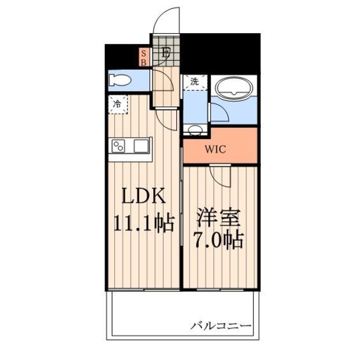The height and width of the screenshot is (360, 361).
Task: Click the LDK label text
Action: click(x=144, y=197)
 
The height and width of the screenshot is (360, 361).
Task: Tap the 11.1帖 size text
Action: click(x=144, y=223)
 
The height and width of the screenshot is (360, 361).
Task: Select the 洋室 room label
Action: click(x=219, y=217)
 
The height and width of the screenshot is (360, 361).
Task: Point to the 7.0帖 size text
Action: click(x=219, y=240)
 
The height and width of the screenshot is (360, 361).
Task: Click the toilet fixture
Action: click(x=120, y=80)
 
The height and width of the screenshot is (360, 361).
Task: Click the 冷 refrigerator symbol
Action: click(x=118, y=104)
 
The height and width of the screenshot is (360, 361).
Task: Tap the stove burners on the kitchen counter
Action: click(x=119, y=146)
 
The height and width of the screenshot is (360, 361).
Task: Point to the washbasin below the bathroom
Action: click(x=195, y=130)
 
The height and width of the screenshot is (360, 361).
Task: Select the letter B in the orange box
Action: click(x=144, y=62)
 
